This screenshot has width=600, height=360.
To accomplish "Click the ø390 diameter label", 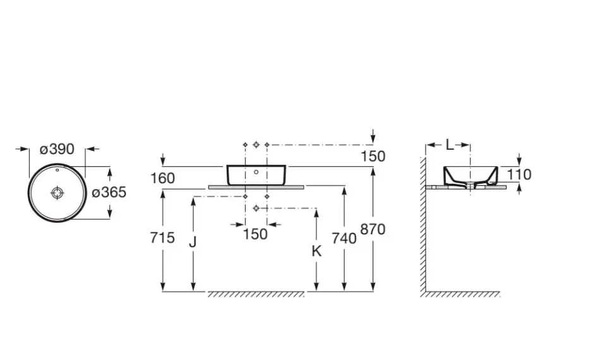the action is coord(57,149).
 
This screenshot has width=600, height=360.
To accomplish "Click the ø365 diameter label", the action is coord(109,192).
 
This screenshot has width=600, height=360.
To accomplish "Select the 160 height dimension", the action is coord(162,178).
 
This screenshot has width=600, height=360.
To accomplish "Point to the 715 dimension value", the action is coord(162,238).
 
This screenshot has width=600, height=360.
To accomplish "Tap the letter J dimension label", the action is coord(193,242).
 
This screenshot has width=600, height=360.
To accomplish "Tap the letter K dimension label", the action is coord(316,251).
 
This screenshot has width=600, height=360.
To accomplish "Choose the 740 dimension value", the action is coord(344,238).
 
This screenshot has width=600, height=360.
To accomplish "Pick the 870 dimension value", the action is coord(373,229).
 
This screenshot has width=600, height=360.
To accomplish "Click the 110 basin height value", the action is coord(519,174).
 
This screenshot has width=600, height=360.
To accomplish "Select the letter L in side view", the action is coord(450,145).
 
